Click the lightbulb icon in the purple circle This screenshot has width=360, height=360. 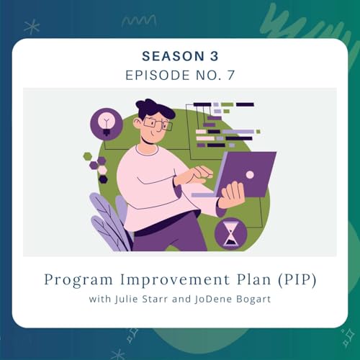(106, 122)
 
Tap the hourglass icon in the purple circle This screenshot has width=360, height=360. (230, 233)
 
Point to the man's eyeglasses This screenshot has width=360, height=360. (156, 123)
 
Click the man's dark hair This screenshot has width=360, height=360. (155, 109)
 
